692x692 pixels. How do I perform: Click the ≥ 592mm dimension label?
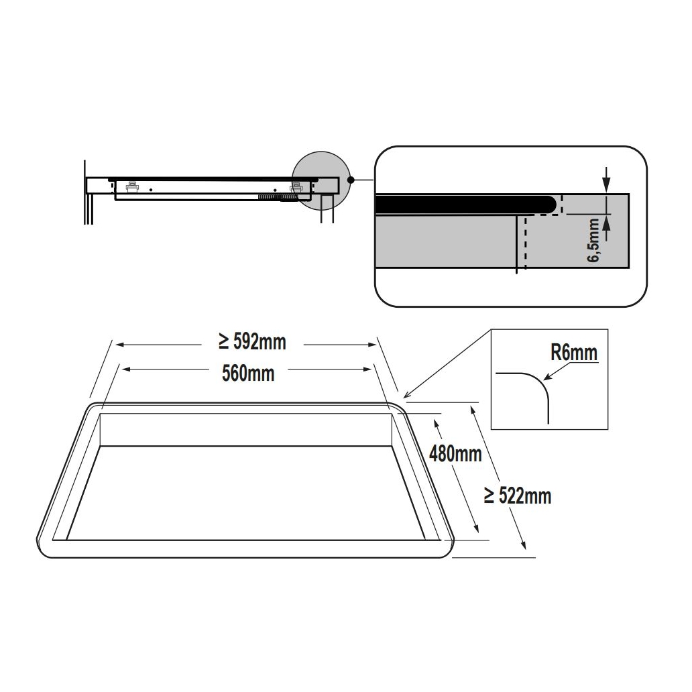click(x=252, y=342)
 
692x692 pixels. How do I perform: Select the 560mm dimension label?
click(x=248, y=373)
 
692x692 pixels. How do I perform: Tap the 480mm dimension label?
click(x=455, y=454)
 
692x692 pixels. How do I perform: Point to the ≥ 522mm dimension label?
click(x=517, y=496)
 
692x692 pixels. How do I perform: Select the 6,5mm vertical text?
click(x=593, y=241)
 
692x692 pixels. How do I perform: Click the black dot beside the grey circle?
click(x=351, y=180)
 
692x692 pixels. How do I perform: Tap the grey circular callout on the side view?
click(x=321, y=180)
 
